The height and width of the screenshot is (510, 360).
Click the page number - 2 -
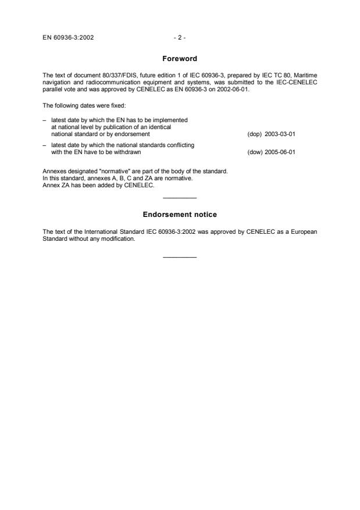pyautogui.click(x=180, y=38)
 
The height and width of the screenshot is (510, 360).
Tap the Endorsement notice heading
pyautogui.click(x=180, y=215)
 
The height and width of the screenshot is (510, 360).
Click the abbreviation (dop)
pyautogui.click(x=254, y=133)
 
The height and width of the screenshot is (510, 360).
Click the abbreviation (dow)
pyautogui.click(x=254, y=152)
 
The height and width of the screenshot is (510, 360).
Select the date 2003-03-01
pyautogui.click(x=281, y=133)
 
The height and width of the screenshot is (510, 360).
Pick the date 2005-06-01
pyautogui.click(x=281, y=152)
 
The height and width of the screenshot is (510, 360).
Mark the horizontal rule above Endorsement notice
pyautogui.click(x=180, y=199)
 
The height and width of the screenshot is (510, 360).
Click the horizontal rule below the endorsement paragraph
pyautogui.click(x=180, y=257)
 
